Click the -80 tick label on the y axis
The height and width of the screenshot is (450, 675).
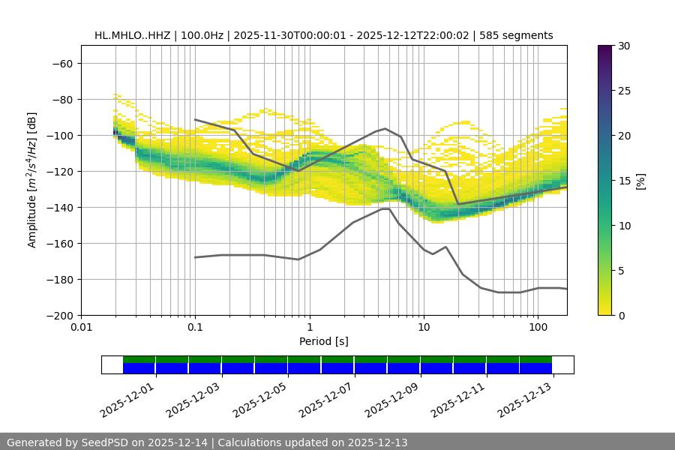click(61, 99)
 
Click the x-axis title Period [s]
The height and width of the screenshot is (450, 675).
click(324, 342)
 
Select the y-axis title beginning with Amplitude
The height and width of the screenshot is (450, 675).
click(32, 180)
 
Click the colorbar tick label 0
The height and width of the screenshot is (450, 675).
click(615, 315)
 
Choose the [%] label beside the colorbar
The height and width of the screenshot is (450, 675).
click(640, 180)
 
